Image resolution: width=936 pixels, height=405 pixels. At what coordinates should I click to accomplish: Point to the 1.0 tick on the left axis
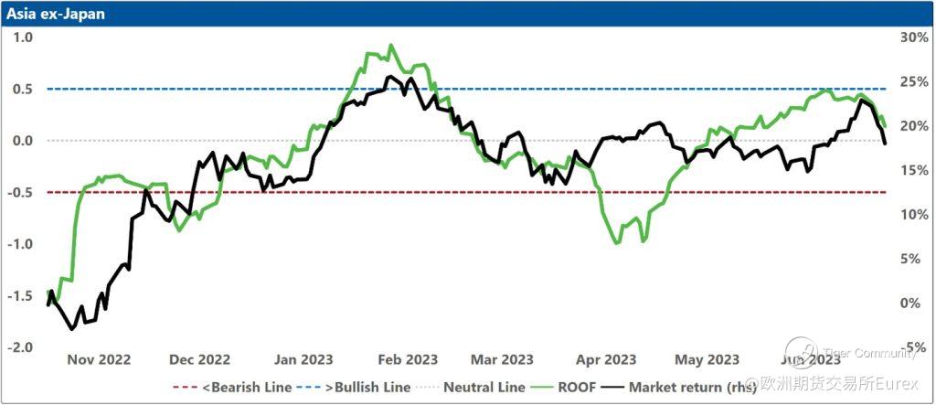(x=22, y=37)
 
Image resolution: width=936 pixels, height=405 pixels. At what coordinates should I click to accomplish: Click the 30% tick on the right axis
(x=915, y=37)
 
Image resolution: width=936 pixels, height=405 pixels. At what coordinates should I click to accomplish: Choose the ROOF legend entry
(x=578, y=387)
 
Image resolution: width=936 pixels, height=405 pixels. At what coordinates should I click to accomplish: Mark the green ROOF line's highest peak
(x=391, y=45)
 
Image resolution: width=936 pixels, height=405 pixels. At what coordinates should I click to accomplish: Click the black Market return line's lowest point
(x=71, y=328)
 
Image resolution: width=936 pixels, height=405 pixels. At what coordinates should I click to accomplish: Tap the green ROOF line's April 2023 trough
(x=617, y=243)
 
